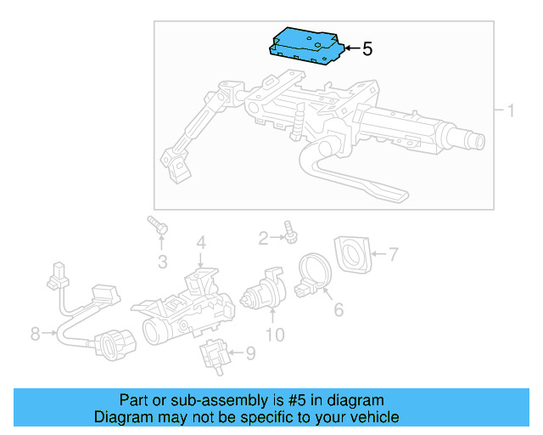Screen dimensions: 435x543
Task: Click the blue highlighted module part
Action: pos(305,43)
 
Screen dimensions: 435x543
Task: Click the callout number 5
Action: pos(367,49)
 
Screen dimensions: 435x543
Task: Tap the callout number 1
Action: pos(511,111)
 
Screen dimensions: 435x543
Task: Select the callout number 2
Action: pos(263,237)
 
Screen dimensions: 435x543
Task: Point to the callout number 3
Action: pos(162,260)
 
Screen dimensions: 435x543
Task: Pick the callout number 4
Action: pos(201,244)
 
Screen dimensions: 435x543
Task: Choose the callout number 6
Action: pos(338,310)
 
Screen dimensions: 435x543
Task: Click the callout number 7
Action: pos(392,253)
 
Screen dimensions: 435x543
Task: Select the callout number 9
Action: pos(249,352)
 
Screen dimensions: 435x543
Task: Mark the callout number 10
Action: pos(275,335)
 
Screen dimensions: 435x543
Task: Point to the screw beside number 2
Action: pos(291,231)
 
